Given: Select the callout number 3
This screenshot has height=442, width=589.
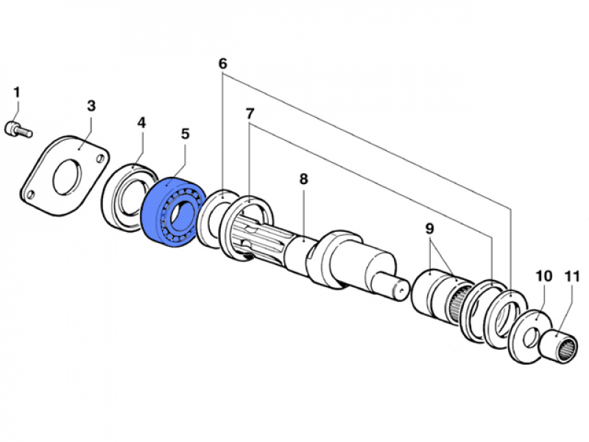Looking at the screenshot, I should (91, 105).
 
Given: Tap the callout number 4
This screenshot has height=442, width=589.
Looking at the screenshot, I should (141, 122).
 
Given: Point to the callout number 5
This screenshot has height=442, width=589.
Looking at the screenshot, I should (185, 134).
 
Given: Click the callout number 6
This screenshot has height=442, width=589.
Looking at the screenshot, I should (222, 63).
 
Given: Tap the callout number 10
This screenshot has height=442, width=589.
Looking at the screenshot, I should (543, 276).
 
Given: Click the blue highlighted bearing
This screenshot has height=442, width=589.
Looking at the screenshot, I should (171, 214).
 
